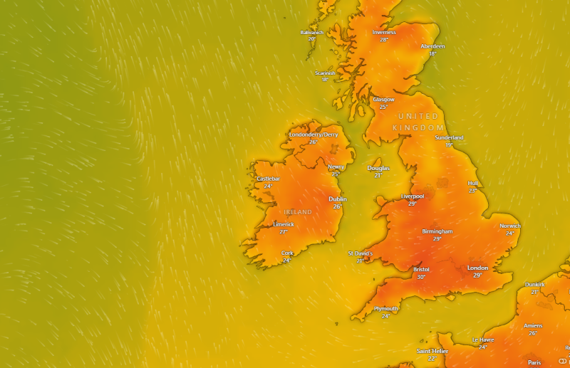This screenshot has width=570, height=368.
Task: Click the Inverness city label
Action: coord(384,32)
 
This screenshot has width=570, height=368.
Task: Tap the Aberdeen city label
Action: coord(432,46)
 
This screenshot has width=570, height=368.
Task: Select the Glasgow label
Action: coord(383,100)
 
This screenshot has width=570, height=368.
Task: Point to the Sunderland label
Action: coord(449,137)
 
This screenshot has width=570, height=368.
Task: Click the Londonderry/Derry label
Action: coord(313,135)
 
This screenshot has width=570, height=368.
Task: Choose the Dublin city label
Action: coord(338,199)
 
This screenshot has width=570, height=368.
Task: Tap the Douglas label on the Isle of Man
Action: coord(378,168)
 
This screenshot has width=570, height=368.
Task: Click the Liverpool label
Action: coord(413,196)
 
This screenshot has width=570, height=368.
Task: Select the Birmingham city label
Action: coord(437,231)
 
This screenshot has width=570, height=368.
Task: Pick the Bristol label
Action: coord(421,270)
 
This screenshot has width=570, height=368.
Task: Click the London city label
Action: coord(477,268)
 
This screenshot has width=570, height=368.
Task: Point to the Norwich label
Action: coord(510,226)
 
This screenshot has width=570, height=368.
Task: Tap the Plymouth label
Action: coord(386,308)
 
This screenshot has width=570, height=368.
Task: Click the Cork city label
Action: coord(287,253)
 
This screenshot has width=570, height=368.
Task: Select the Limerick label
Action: coord(284,224)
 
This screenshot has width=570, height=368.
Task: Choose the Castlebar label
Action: coord(268,179)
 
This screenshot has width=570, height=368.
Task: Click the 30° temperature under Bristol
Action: coord(421,277)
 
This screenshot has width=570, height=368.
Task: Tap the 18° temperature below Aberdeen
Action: coord(432,53)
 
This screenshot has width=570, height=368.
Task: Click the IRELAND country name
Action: coord(298,212)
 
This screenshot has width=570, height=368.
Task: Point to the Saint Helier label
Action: coord(432,351)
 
